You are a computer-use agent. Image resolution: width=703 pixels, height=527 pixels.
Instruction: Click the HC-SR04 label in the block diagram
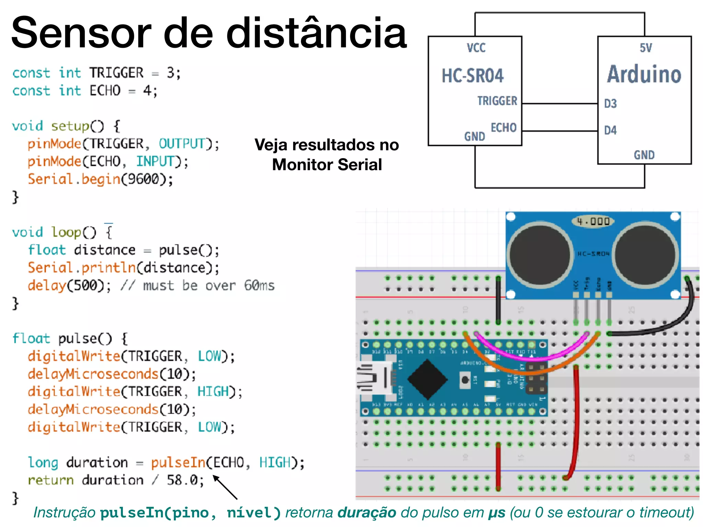pos(472,76)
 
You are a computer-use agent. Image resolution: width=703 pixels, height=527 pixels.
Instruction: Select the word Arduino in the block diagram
pos(644,74)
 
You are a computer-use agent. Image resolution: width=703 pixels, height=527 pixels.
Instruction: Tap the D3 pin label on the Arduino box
pos(610,104)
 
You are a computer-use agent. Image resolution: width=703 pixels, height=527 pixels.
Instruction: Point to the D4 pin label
pos(610,130)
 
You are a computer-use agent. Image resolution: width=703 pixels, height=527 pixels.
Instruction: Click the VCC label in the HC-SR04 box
pos(476,48)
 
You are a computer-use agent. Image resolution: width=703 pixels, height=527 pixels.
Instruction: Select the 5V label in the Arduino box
pos(646,48)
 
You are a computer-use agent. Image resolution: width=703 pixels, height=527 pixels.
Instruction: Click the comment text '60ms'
pos(259,285)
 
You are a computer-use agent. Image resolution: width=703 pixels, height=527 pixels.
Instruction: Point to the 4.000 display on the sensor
pos(593,221)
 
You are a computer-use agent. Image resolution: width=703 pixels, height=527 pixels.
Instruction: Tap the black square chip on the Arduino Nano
pos(427,379)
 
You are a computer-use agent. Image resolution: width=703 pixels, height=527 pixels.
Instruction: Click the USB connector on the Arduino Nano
pos(372,378)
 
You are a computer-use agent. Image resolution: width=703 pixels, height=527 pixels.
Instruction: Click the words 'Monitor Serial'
pos(327,165)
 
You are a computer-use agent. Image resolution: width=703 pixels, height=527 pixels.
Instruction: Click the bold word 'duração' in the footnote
pos(367,513)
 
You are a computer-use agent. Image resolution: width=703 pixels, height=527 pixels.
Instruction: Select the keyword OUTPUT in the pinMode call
pos(182,144)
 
